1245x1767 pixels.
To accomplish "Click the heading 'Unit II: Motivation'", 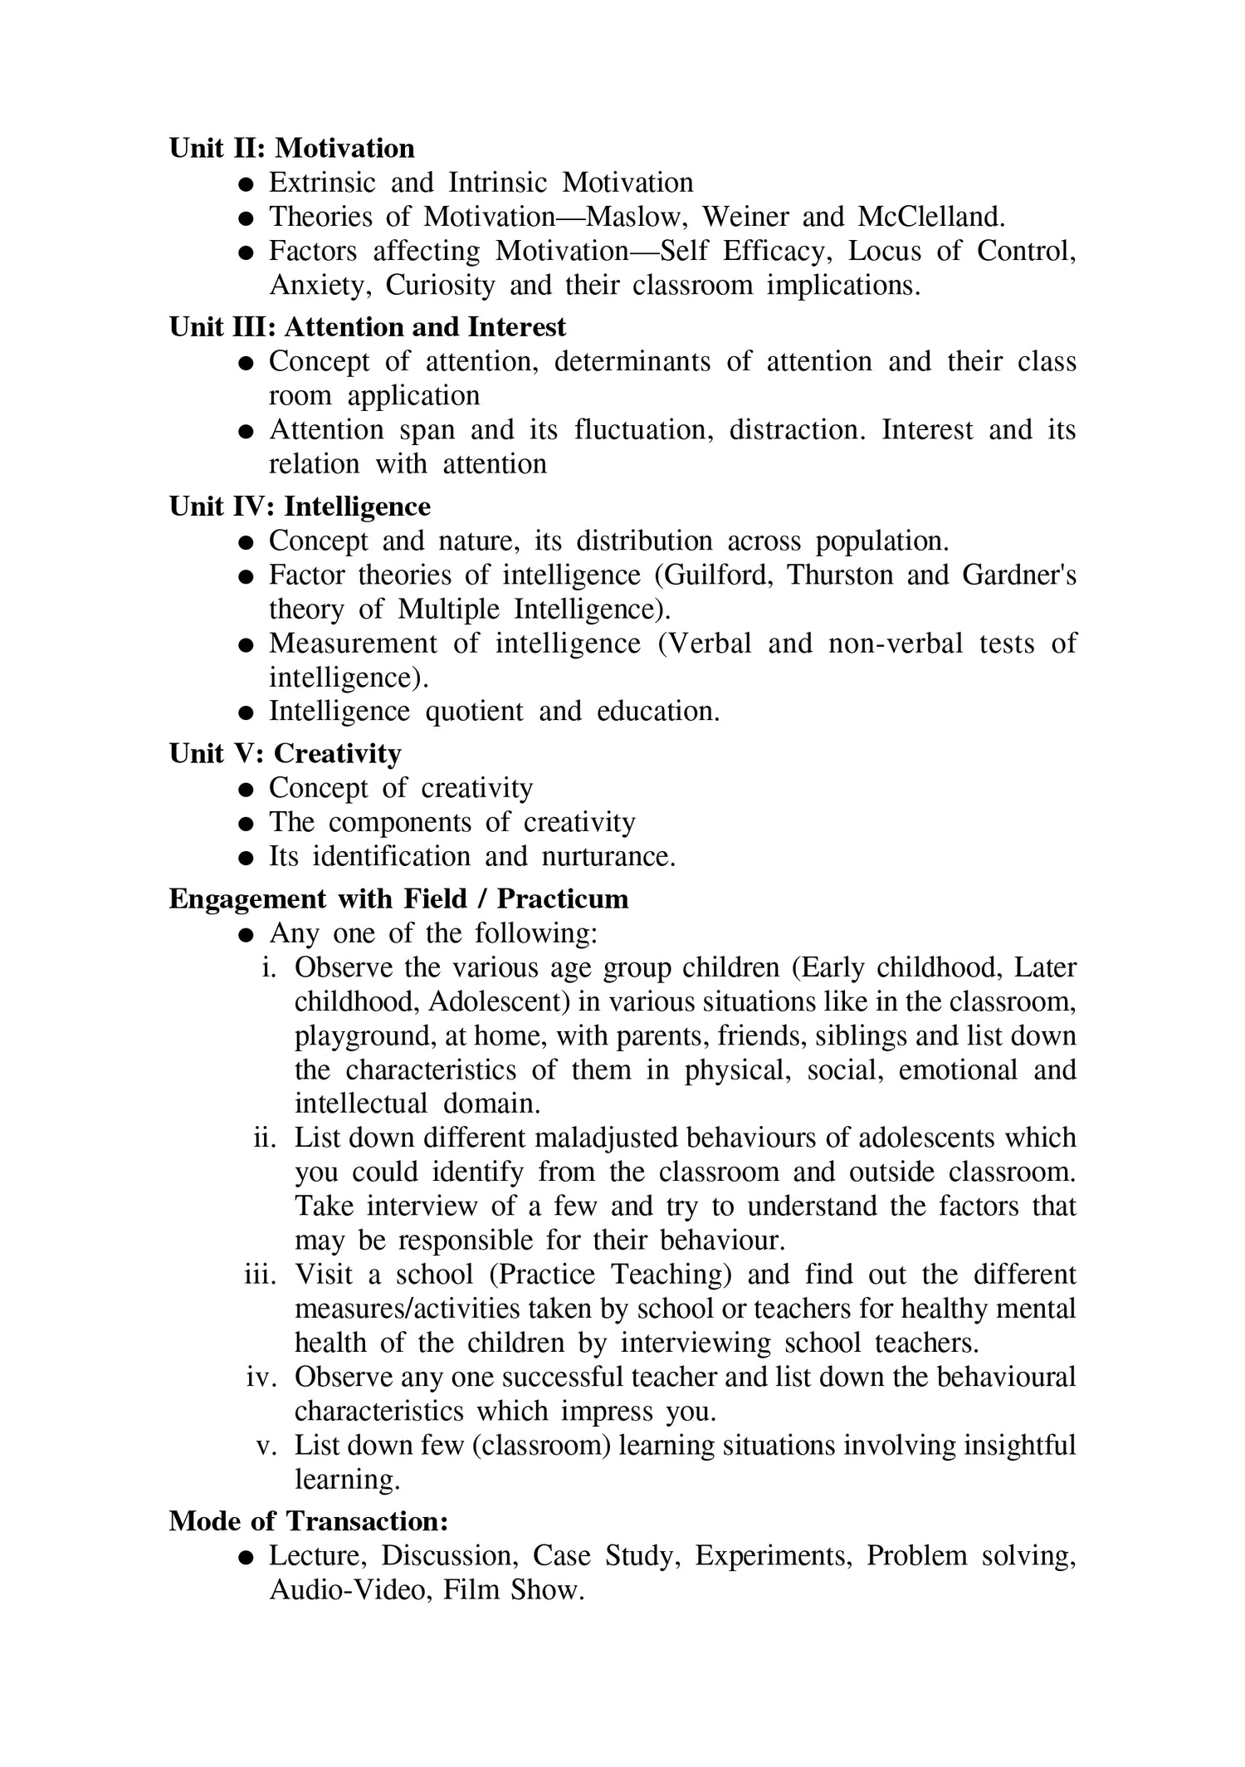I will (x=291, y=148).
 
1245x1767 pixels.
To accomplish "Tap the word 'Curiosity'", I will (x=440, y=285).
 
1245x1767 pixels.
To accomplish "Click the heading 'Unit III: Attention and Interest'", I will (x=367, y=327).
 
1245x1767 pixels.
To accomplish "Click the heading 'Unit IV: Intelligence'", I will (x=300, y=507).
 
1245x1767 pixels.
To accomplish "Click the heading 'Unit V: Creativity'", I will (x=285, y=754).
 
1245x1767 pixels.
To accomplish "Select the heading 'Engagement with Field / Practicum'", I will (x=398, y=898).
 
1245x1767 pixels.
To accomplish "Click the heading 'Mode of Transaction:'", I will (x=309, y=1521).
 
